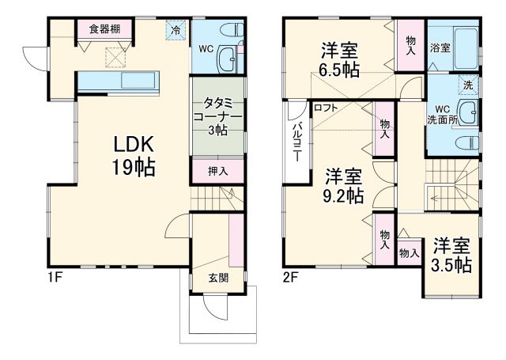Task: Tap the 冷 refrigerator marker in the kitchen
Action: pyautogui.click(x=176, y=30)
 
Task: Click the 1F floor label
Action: pyautogui.click(x=53, y=278)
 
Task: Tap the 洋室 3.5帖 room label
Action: pyautogui.click(x=451, y=255)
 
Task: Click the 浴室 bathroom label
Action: pyautogui.click(x=440, y=47)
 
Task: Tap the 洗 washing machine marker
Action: pyautogui.click(x=468, y=85)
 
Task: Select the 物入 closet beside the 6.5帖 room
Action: pyautogui.click(x=410, y=45)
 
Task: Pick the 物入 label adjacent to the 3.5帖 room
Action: pyautogui.click(x=408, y=253)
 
